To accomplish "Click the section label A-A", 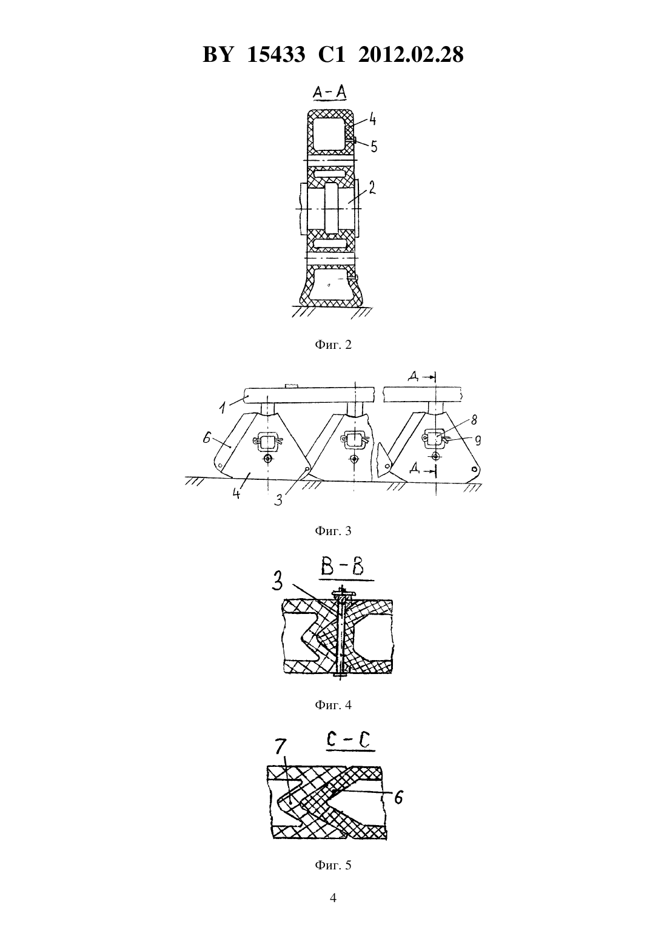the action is point(330,93).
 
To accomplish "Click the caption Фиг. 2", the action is point(333,345).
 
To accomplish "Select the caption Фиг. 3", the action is point(333,531).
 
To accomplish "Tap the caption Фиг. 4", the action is point(333,705).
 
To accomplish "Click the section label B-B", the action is point(342,568).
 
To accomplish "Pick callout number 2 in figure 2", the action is point(372,187).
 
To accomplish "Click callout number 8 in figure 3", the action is point(474,420).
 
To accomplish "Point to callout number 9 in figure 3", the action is point(478,440).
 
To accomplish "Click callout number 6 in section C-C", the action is point(398,797).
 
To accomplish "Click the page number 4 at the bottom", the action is point(333,898).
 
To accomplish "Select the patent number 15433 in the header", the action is point(276,55).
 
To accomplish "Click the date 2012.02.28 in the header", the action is point(411,55).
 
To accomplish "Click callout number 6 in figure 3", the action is point(206,438).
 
